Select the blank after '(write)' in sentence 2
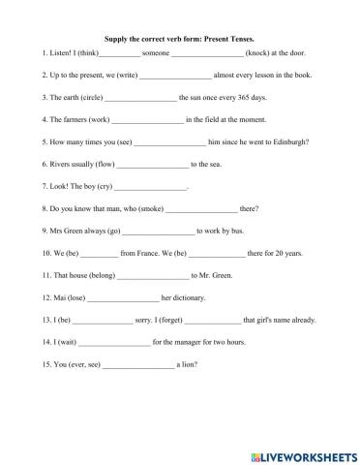click(175, 75)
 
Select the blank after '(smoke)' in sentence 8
click(201, 208)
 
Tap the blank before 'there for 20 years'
click(218, 253)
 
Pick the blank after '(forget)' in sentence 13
click(214, 320)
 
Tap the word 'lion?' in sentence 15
click(189, 364)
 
